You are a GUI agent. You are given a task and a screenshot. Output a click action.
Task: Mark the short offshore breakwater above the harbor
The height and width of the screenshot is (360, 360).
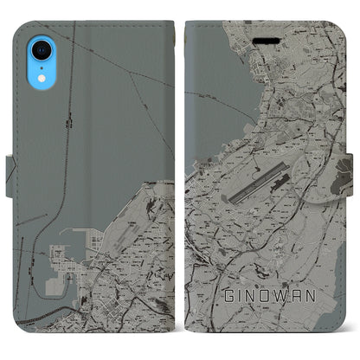[87, 229]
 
